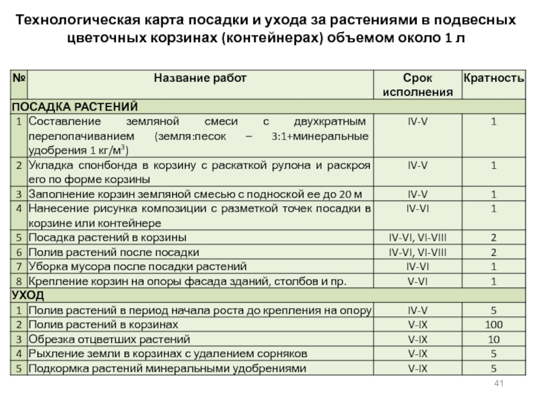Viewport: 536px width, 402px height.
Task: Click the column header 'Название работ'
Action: point(200,78)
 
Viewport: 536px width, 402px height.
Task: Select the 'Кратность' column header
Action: point(491,78)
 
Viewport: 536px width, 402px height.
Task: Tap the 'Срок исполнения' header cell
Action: point(417,84)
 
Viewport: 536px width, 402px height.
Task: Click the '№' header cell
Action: point(18,78)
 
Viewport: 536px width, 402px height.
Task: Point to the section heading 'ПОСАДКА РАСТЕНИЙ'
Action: point(75,107)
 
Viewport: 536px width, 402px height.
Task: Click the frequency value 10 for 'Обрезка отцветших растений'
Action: point(493,339)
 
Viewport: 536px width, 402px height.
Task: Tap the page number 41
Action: point(498,383)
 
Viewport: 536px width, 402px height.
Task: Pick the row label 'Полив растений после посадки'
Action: point(113,252)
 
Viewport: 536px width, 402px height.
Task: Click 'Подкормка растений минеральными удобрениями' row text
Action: point(167,368)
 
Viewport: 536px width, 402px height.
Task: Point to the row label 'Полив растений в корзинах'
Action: point(101,324)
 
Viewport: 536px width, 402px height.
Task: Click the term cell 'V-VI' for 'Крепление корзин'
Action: point(417,281)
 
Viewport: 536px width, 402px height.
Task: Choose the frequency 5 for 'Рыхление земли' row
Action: point(493,353)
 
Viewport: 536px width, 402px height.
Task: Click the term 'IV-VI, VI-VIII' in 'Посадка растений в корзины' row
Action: point(417,237)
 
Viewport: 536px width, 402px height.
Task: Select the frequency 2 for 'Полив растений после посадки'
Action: point(493,252)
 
